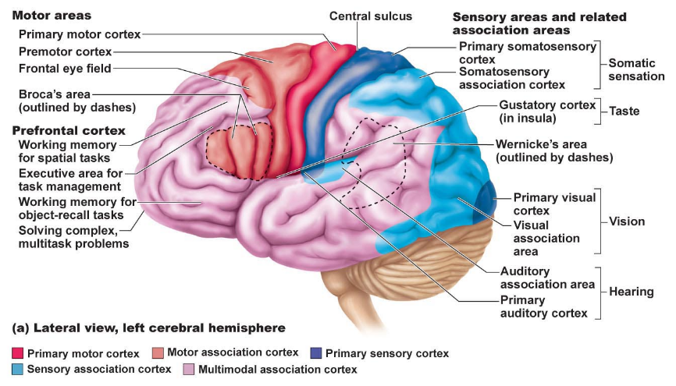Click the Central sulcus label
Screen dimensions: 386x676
tap(370, 16)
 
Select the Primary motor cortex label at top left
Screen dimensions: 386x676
tap(80, 34)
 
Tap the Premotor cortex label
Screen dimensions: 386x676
tap(66, 51)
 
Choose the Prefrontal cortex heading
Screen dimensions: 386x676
tap(69, 130)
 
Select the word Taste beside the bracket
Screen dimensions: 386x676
tap(624, 111)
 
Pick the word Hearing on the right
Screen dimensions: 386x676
tap(632, 291)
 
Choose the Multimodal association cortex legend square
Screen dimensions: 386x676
tap(189, 369)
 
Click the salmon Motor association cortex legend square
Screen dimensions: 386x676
tap(157, 354)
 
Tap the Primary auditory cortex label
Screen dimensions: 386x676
tap(543, 306)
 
